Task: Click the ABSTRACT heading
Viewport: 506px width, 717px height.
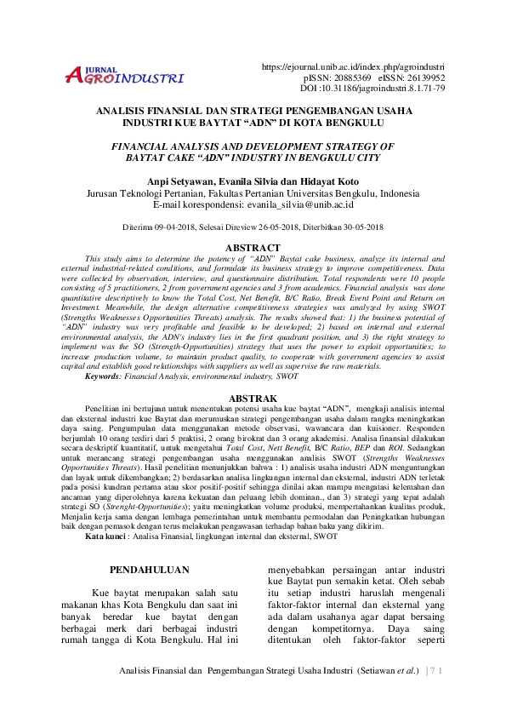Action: click(x=253, y=248)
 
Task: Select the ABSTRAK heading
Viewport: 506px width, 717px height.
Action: click(x=253, y=399)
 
